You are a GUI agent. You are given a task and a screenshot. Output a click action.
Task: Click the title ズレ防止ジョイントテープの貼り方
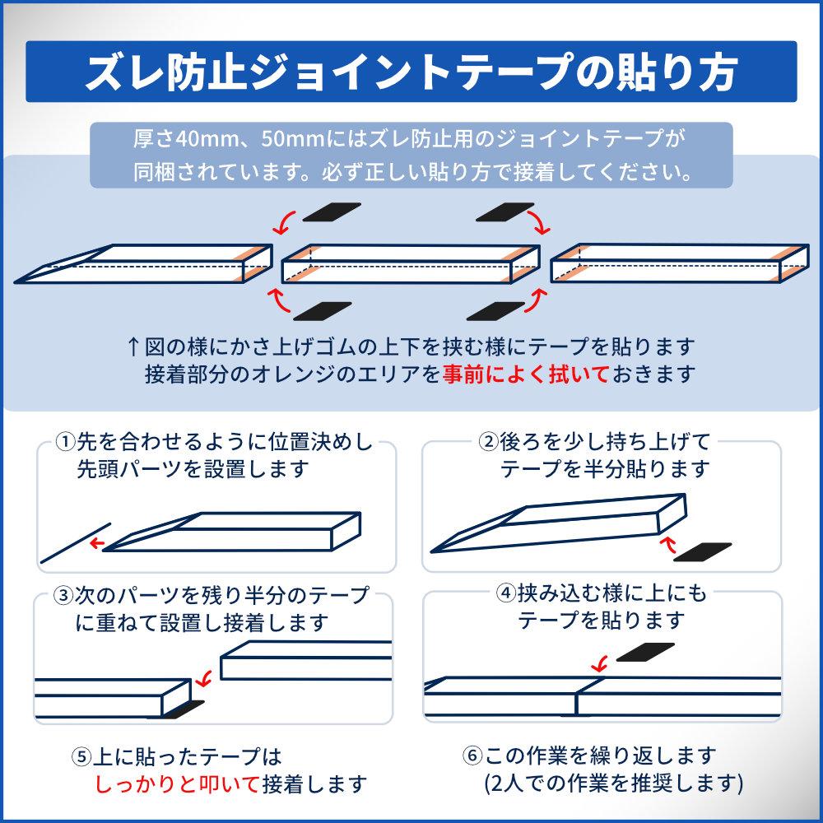click(411, 72)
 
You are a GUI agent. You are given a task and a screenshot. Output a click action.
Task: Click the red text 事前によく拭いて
click(525, 374)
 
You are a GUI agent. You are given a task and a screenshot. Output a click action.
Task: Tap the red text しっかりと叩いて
click(178, 783)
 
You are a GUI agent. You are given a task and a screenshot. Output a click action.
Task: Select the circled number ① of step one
click(66, 442)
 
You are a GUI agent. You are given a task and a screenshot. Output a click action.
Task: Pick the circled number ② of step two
click(488, 442)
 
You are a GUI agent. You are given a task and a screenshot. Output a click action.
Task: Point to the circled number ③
click(63, 595)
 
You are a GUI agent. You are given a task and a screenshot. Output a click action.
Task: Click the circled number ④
click(506, 593)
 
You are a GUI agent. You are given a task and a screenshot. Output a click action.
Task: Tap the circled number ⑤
click(81, 756)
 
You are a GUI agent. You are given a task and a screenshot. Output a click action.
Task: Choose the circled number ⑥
click(472, 756)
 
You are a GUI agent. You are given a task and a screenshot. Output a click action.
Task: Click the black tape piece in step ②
click(702, 552)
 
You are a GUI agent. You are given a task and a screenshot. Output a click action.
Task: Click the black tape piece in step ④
click(645, 652)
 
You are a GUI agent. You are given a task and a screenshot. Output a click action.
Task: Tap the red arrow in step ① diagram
click(96, 542)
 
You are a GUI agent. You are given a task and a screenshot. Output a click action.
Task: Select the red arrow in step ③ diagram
click(203, 678)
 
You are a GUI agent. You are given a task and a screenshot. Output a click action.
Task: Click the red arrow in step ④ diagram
click(599, 664)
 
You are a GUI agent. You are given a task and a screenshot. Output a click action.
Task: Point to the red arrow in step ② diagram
click(667, 545)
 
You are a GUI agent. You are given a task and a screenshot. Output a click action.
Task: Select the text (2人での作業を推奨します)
click(614, 783)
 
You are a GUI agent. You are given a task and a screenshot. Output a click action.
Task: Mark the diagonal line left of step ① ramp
click(76, 543)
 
